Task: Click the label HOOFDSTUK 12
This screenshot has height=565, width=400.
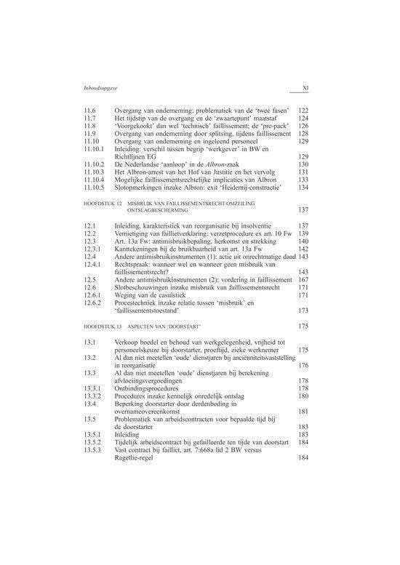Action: (x=103, y=199)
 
